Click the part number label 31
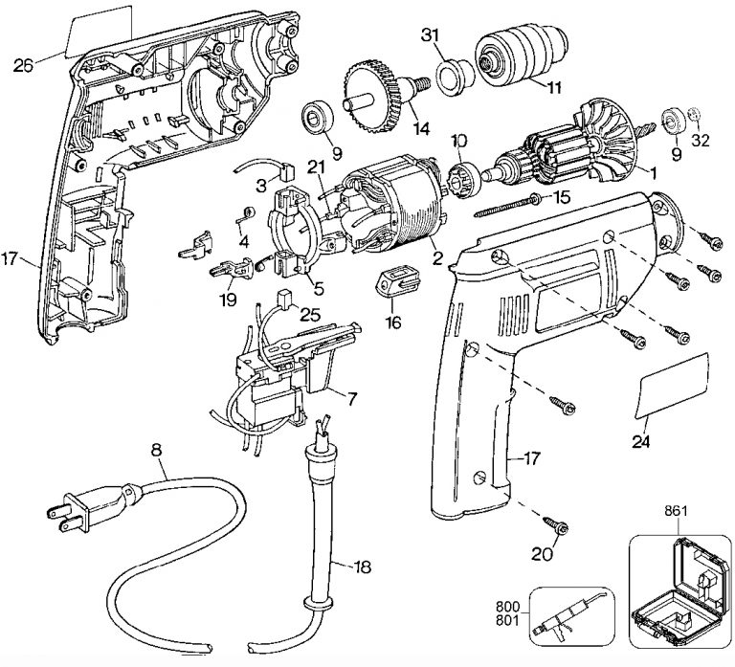click(430, 34)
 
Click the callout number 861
click(676, 510)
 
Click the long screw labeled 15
click(508, 206)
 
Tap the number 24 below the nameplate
click(641, 441)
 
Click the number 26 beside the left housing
click(23, 65)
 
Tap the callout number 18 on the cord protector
click(362, 567)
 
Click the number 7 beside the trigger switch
click(352, 399)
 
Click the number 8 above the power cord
click(157, 450)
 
